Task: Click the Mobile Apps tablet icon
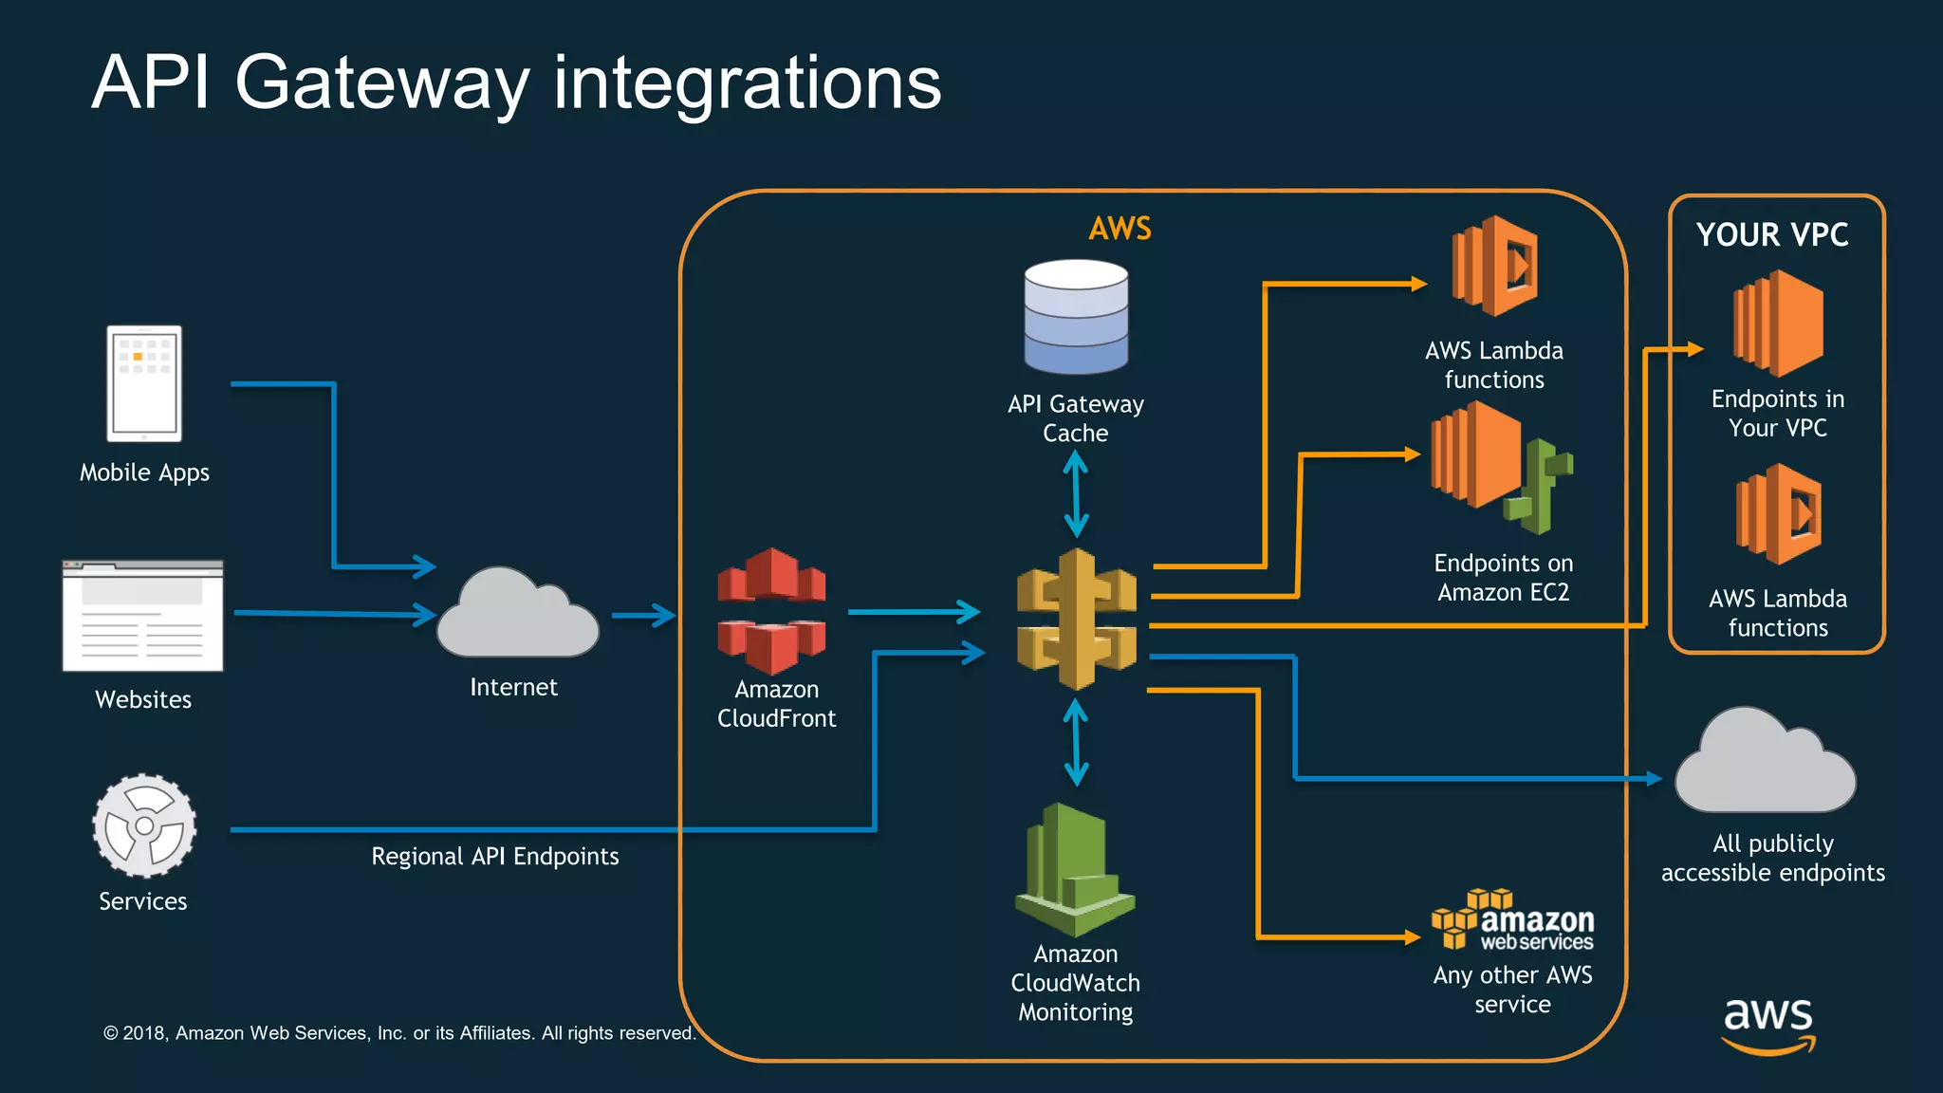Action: (144, 383)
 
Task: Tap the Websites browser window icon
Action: (143, 616)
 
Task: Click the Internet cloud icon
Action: (517, 615)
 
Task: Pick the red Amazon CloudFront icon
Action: (771, 610)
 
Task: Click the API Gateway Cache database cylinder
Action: (1076, 317)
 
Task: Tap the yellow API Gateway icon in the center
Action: (1076, 619)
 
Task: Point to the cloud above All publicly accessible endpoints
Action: (1765, 765)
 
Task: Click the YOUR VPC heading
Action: (1772, 235)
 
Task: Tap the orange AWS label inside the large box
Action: (1120, 229)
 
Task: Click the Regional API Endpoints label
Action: (494, 857)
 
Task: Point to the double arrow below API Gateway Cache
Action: (1075, 493)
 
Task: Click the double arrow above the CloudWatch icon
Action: (1075, 742)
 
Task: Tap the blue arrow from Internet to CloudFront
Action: (642, 616)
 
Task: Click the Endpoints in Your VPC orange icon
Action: (1778, 324)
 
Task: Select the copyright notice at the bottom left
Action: (399, 1033)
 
